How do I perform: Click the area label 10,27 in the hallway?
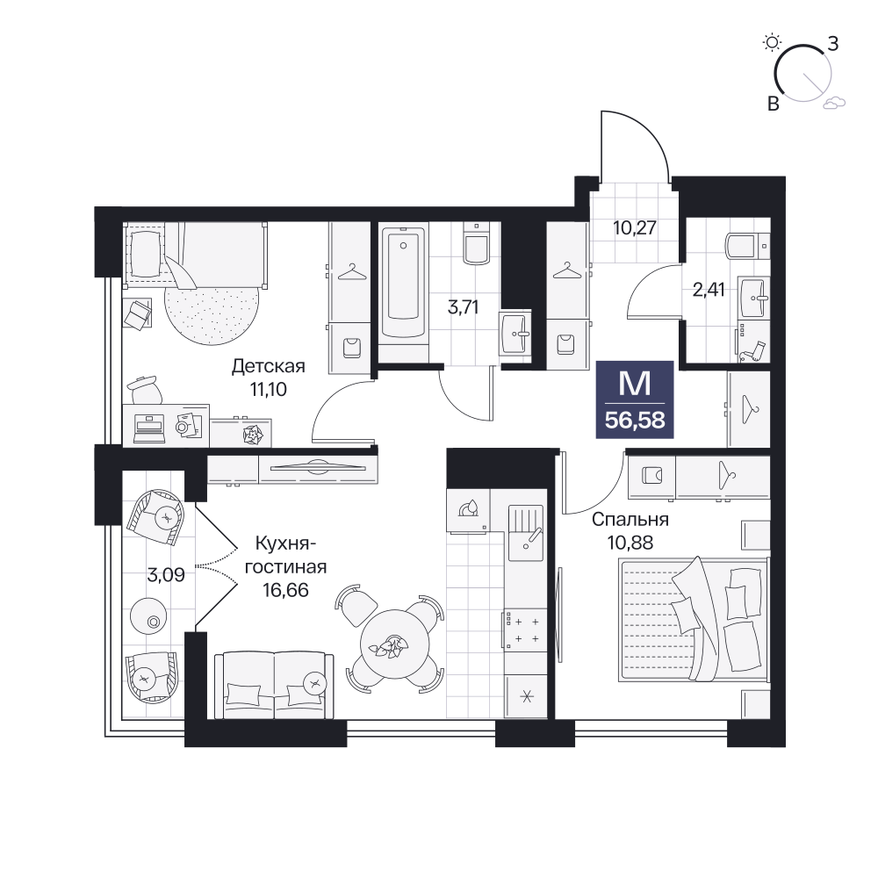tap(635, 228)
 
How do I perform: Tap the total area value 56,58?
tap(635, 420)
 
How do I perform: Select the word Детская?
tap(268, 366)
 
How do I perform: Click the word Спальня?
tap(630, 520)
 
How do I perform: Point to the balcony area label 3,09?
tap(166, 574)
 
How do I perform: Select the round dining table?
tap(395, 644)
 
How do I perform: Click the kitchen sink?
tap(525, 532)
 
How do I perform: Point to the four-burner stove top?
tap(525, 630)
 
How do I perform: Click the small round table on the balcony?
tap(148, 616)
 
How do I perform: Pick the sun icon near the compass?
tap(772, 42)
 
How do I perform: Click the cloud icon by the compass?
tap(834, 102)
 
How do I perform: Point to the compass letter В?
tap(774, 104)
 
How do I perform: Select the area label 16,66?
tap(285, 590)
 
